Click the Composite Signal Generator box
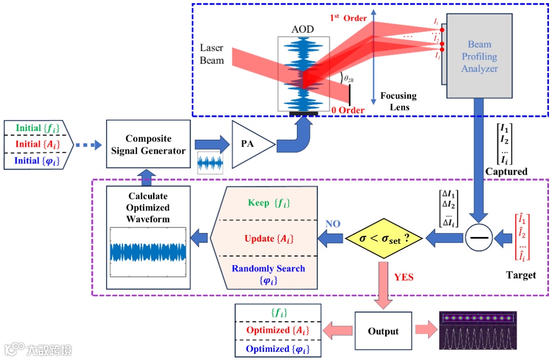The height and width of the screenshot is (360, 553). [148, 144]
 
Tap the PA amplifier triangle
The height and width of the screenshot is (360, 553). [249, 144]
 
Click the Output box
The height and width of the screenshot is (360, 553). [383, 331]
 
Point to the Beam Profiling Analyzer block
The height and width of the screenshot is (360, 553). [479, 56]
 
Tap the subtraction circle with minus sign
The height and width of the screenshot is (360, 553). [479, 238]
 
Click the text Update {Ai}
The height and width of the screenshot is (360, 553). [268, 239]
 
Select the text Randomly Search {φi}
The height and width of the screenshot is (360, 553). [268, 273]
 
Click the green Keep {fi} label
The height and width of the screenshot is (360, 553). [268, 203]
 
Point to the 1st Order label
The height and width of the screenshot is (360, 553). [348, 18]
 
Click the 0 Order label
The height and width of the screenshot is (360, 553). [348, 110]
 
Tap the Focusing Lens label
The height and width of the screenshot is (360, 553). [398, 101]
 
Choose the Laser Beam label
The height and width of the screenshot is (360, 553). [211, 54]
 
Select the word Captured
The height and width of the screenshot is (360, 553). [506, 172]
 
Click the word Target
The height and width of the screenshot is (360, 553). [521, 275]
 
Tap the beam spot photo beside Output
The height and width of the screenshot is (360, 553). [478, 330]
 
